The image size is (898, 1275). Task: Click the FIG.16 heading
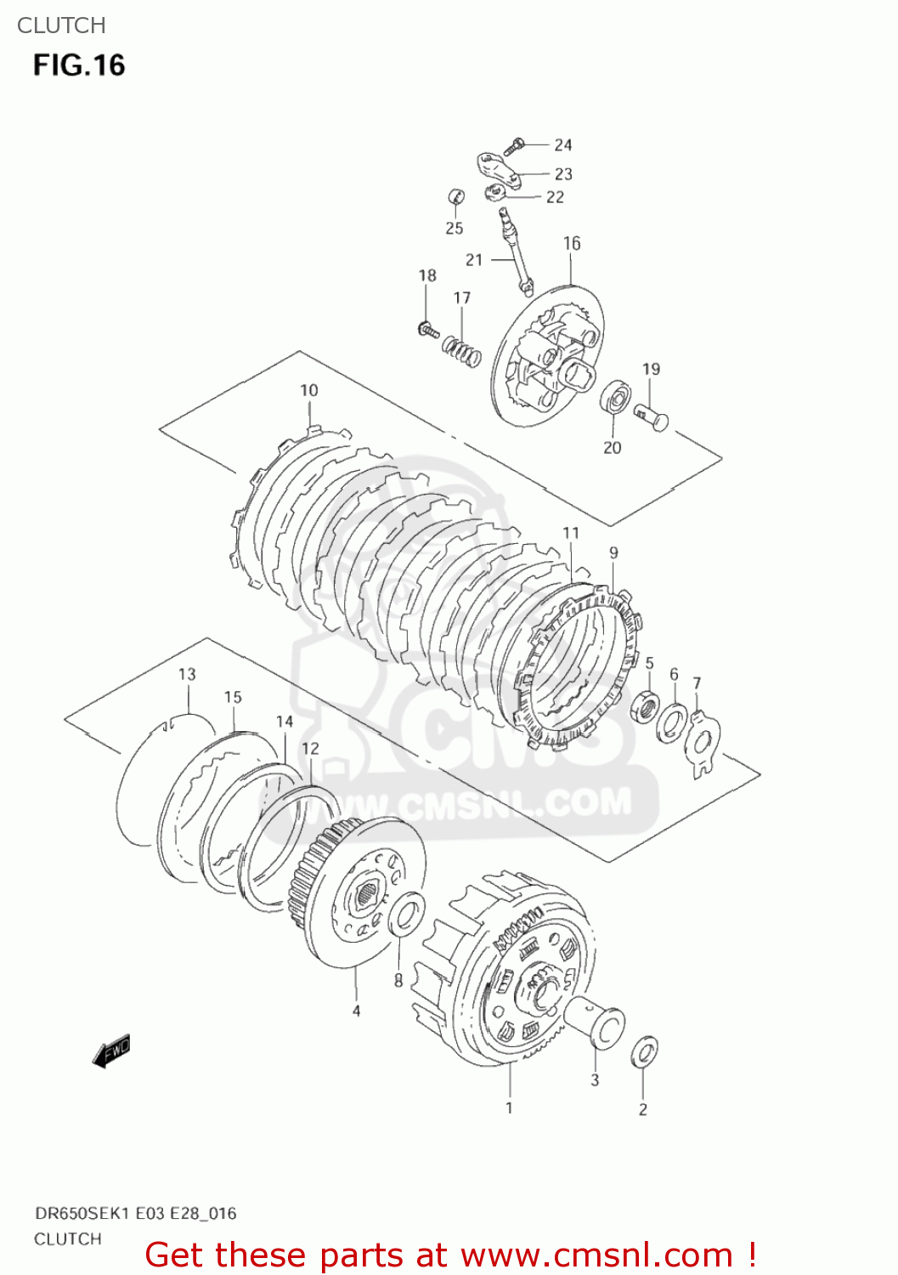pos(79,65)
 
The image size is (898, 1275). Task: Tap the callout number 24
pos(563,145)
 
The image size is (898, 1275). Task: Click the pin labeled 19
pos(652,416)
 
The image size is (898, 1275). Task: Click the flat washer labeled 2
pos(644,1051)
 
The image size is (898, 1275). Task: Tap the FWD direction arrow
pos(111,1051)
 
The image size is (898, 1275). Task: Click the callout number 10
pos(308,390)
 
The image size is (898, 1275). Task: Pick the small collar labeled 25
pos(456,197)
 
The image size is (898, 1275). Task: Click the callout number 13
pos(187,674)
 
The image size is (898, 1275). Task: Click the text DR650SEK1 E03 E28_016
pos(135,1213)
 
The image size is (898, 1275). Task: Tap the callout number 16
pos(572,244)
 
